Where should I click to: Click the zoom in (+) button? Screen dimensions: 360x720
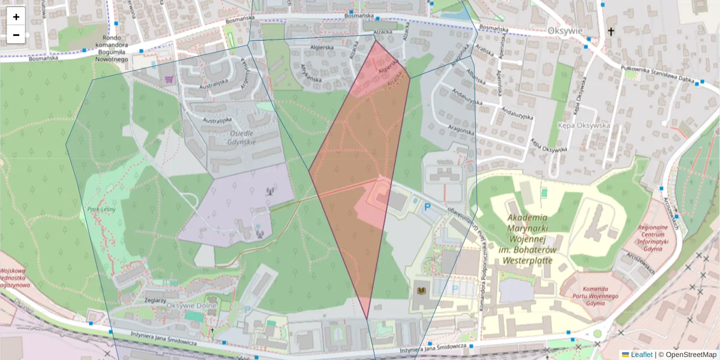pyautogui.click(x=16, y=16)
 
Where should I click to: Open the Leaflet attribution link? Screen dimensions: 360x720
pyautogui.click(x=641, y=355)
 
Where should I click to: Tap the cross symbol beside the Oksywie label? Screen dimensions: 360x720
pyautogui.click(x=611, y=31)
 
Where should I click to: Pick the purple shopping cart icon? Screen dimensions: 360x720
pyautogui.click(x=170, y=79)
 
